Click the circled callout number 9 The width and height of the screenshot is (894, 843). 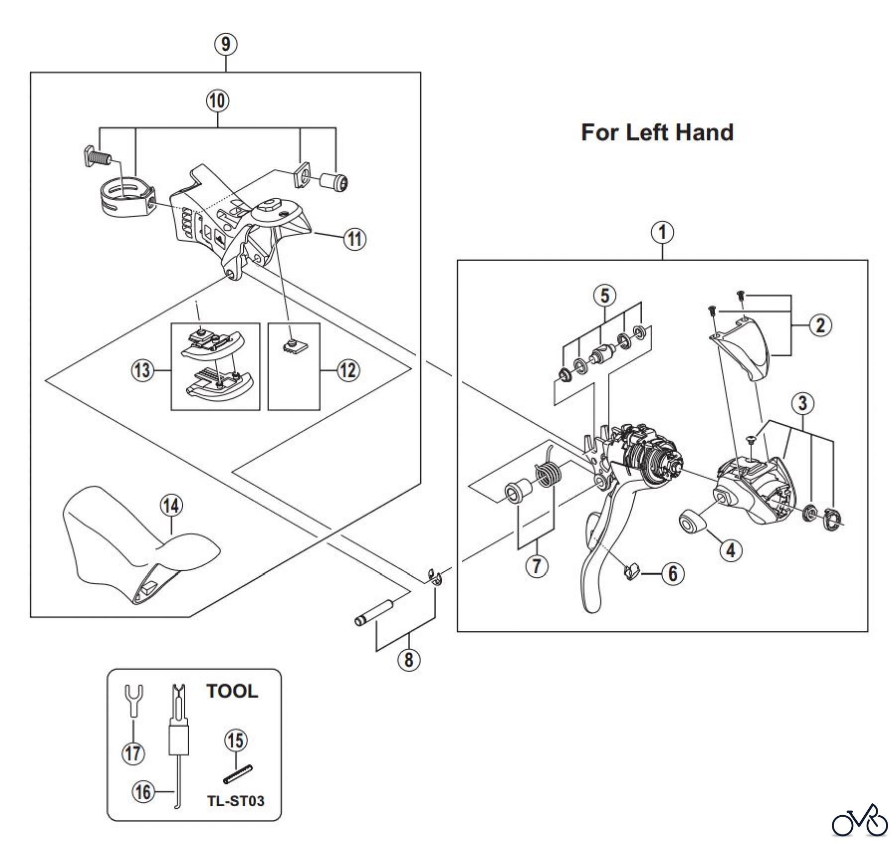(x=225, y=44)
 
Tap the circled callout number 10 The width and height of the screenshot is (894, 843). (x=218, y=101)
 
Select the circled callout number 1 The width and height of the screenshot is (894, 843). (x=663, y=232)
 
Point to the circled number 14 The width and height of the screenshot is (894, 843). (x=171, y=505)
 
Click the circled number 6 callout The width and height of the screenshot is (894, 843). (x=672, y=574)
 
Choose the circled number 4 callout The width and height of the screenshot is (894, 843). (x=730, y=549)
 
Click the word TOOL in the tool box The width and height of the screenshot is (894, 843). (x=232, y=691)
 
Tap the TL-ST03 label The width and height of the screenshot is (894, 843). (x=236, y=801)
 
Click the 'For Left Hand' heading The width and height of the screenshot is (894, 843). (x=657, y=133)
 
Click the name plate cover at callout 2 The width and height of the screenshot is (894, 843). (x=745, y=353)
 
